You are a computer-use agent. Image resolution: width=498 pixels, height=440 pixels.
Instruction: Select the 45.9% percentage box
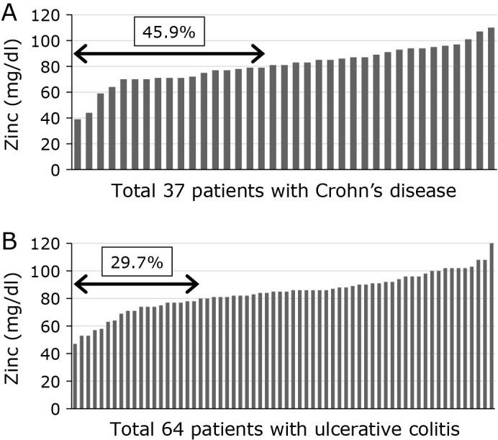[169, 32]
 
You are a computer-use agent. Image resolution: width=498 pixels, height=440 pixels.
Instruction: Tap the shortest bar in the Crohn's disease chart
[78, 145]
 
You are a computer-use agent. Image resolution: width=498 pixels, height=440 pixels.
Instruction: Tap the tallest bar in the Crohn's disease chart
[492, 99]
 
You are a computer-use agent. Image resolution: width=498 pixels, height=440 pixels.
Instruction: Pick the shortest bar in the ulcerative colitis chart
[75, 377]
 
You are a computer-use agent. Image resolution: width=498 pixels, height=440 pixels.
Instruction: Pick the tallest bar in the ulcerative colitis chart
[492, 326]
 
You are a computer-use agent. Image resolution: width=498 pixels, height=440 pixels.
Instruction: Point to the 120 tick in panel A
[50, 15]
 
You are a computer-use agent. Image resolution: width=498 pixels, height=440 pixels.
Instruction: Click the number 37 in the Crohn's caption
[179, 194]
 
